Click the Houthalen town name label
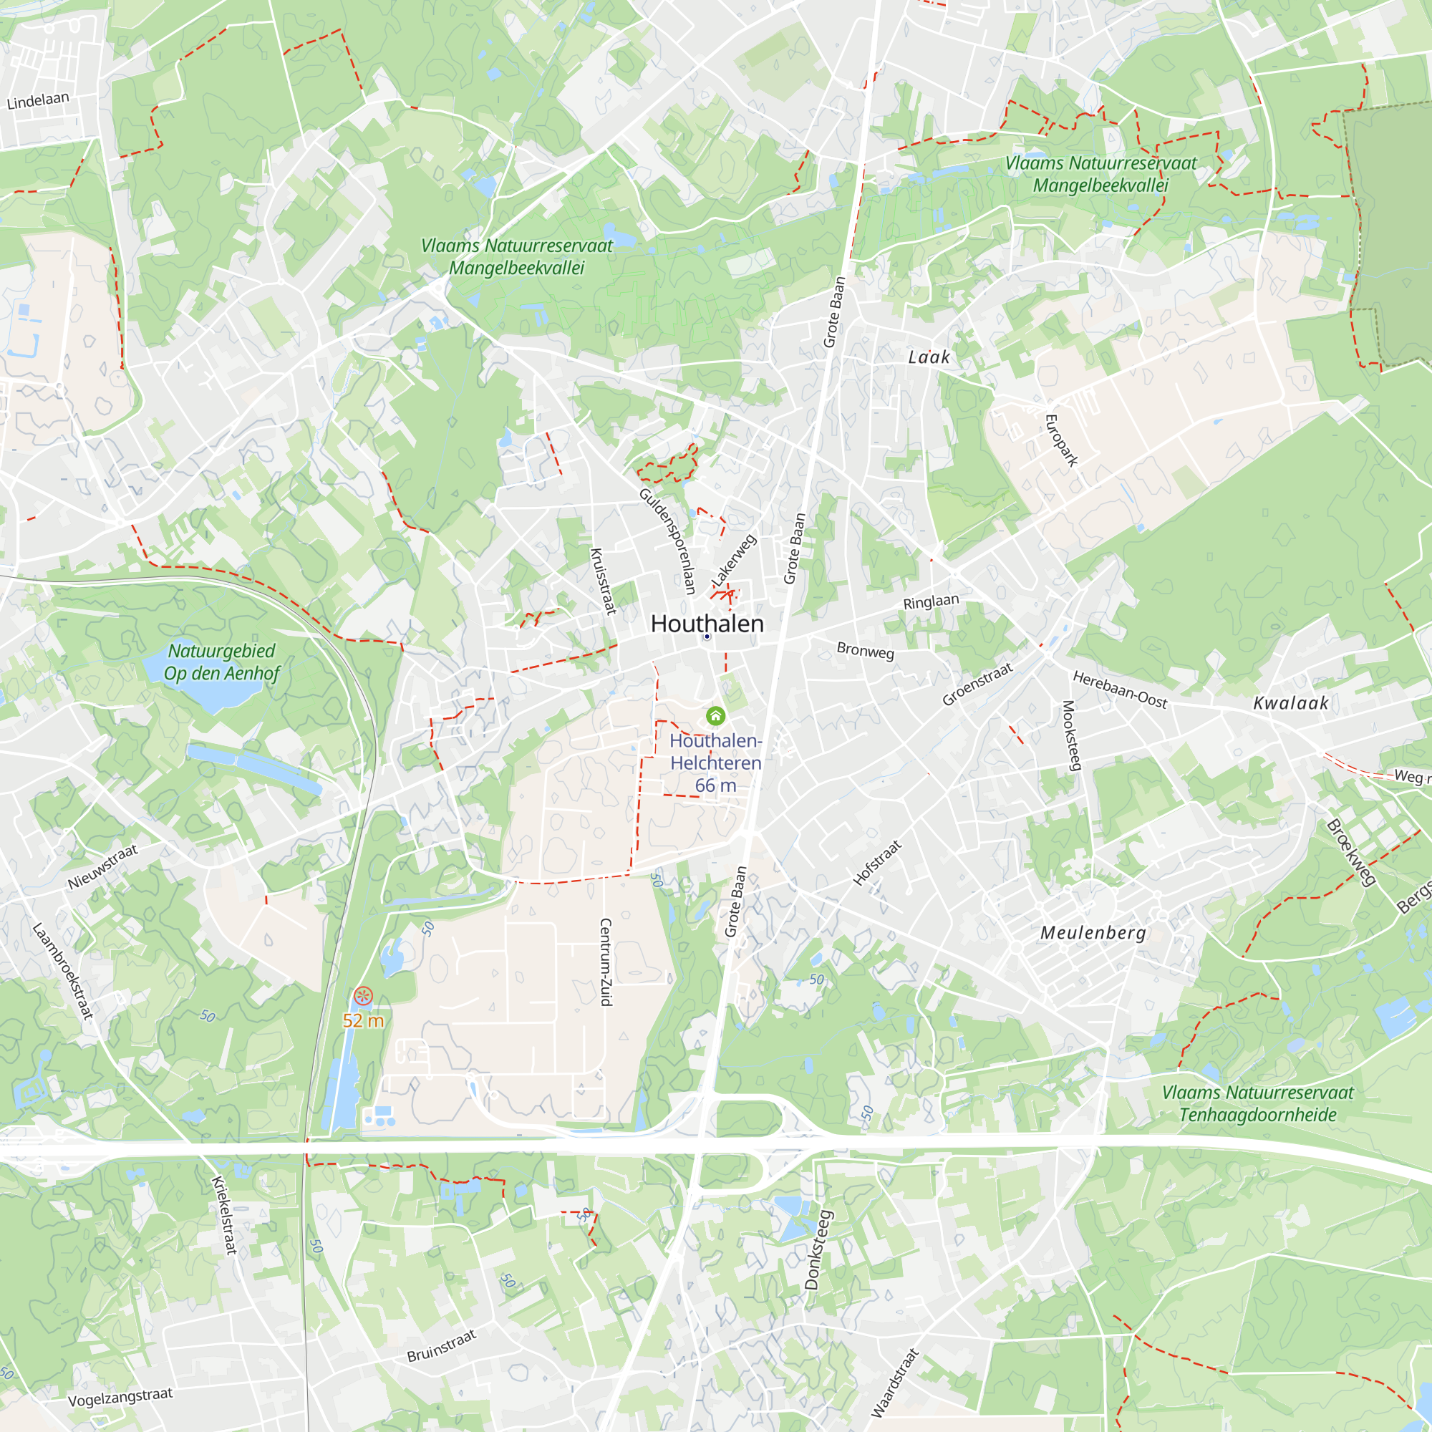(707, 624)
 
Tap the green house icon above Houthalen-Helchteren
(715, 716)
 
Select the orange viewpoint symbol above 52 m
(363, 996)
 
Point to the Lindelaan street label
(38, 100)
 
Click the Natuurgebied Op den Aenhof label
(222, 662)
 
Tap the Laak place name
(929, 357)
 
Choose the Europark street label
(1060, 440)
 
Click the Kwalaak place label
(1290, 703)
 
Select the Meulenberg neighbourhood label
(1093, 932)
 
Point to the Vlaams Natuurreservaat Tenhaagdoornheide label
(1258, 1103)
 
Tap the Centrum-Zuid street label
(606, 962)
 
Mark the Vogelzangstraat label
(120, 1397)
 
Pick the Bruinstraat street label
(441, 1346)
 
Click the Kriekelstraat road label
(224, 1215)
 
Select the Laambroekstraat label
(63, 971)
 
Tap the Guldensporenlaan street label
(668, 541)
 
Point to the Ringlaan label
(931, 601)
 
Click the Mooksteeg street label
(1072, 735)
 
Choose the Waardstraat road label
(894, 1383)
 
